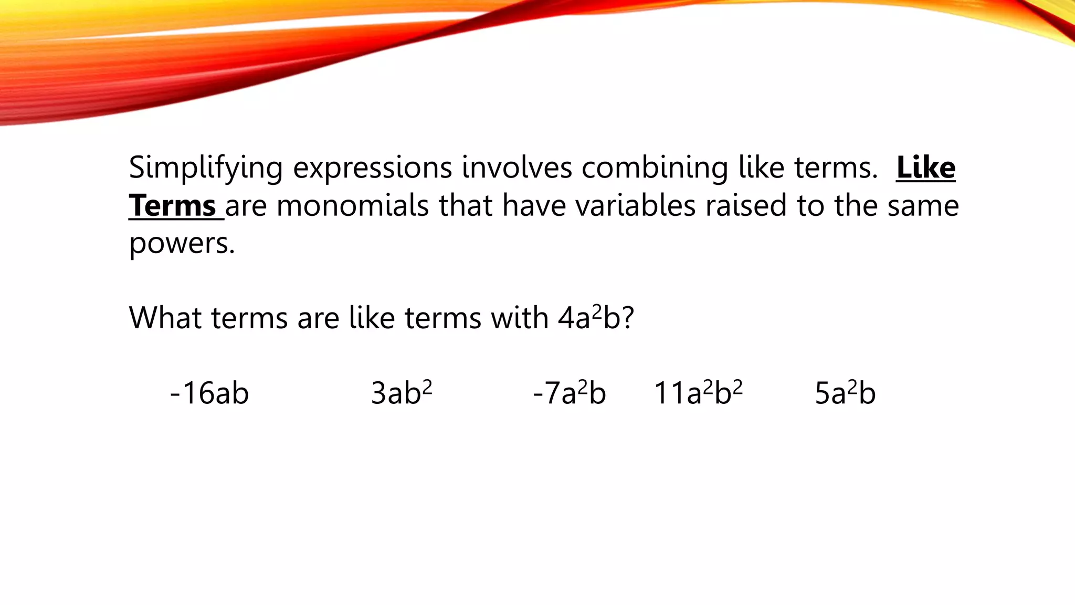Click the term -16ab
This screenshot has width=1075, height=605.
[209, 393]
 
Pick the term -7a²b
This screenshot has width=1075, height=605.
[570, 393]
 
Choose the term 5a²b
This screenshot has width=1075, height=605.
[845, 393]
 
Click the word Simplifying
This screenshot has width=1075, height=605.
[206, 169]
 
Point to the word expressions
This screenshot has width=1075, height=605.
[372, 169]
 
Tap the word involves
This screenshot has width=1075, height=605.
[517, 168]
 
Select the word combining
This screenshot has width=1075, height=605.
[655, 169]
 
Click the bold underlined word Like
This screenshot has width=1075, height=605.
[926, 168]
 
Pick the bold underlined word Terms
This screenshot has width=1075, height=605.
[173, 205]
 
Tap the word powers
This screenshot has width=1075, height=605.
[182, 243]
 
